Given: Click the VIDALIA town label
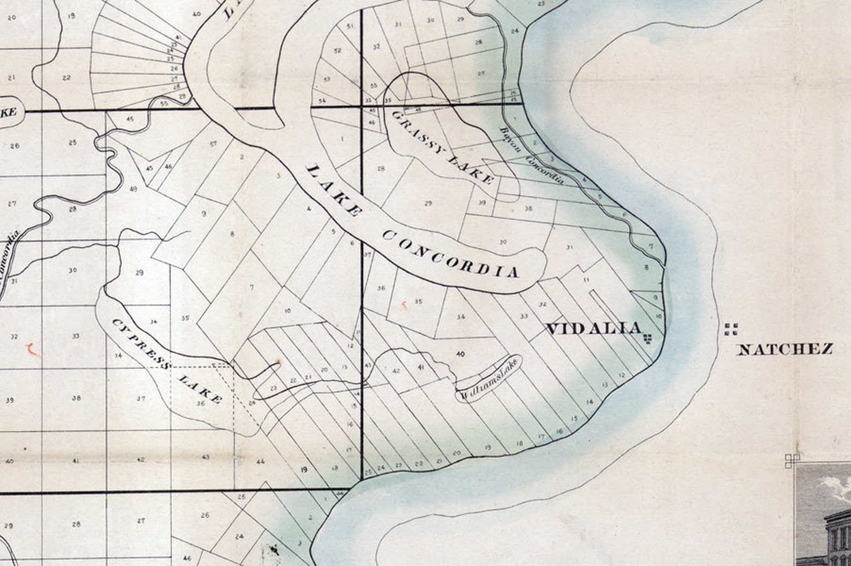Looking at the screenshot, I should tap(593, 329).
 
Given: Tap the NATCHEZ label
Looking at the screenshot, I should tap(785, 350).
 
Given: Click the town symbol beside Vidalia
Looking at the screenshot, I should tap(648, 339).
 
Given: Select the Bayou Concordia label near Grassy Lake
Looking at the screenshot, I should tap(530, 155).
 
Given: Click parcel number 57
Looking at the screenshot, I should tap(213, 144).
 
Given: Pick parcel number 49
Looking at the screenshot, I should tap(133, 189).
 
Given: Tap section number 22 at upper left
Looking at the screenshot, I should tap(66, 78).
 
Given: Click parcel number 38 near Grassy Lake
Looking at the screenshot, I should tap(528, 208).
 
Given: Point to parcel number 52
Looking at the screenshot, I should tap(337, 50).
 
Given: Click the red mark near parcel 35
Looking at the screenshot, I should tap(405, 306).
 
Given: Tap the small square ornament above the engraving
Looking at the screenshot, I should tap(792, 460).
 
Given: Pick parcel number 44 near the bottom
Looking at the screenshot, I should tap(260, 461).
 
